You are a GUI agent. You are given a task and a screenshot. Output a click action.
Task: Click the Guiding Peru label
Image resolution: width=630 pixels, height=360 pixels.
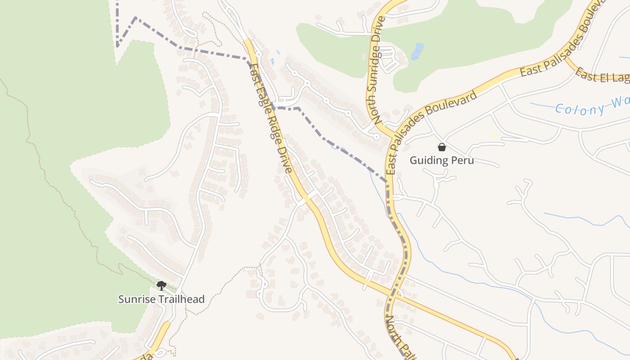[441, 160]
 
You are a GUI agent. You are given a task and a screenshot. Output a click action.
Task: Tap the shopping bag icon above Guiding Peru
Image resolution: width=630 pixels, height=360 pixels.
[442, 147]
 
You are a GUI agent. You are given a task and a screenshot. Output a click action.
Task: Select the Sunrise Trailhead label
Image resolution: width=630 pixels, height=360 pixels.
[161, 299]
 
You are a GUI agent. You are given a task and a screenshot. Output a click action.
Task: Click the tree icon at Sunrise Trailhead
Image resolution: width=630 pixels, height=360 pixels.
[161, 285]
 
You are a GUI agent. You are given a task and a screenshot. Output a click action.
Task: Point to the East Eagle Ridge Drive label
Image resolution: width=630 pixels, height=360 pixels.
[272, 117]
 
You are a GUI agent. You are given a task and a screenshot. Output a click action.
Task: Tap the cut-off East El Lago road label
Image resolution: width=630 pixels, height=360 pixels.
[602, 76]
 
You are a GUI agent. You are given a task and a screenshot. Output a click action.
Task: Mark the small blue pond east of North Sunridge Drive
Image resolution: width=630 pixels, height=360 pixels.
[418, 51]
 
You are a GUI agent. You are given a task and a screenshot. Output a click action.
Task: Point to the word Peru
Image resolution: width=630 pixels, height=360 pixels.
[462, 160]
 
